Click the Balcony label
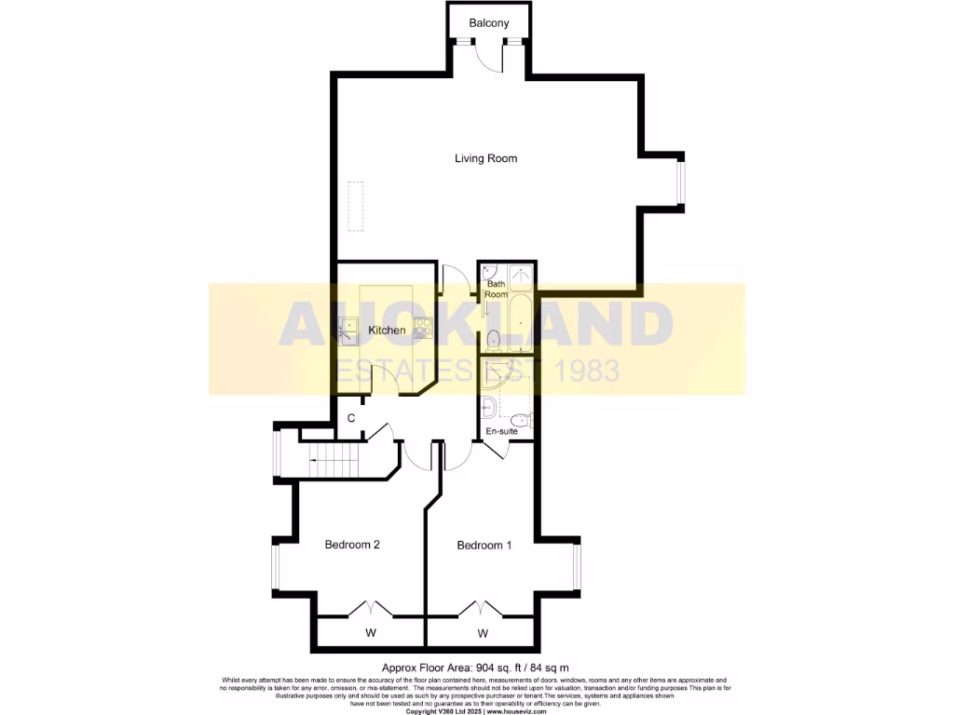pos(489,22)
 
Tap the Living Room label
pos(485,158)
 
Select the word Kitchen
pos(387,331)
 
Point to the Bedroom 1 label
pos(484,546)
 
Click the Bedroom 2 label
pos(351,545)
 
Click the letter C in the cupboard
pos(351,418)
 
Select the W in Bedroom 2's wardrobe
pos(370,634)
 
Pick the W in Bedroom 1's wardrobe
pos(483,634)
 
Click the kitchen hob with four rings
pos(423,327)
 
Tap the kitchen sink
pos(347,328)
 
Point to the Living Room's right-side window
pos(681,182)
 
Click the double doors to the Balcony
pos(489,56)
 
